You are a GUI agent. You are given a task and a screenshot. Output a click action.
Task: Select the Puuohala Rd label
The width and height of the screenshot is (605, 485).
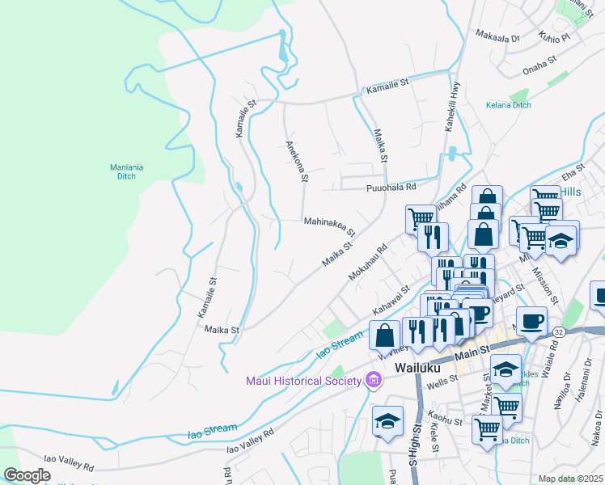coord(389,186)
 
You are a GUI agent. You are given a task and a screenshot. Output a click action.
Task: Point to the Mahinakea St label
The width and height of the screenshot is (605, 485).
coord(330,221)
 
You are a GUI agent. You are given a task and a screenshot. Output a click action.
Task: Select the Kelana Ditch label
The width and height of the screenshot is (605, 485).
coord(508,105)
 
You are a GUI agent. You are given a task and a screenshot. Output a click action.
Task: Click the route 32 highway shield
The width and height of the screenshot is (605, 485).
coord(559,332)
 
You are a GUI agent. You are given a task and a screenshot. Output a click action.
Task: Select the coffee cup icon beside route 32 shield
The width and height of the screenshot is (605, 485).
coord(531,322)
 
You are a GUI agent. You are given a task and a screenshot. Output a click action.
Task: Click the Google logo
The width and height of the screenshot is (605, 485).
coord(27,474)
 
